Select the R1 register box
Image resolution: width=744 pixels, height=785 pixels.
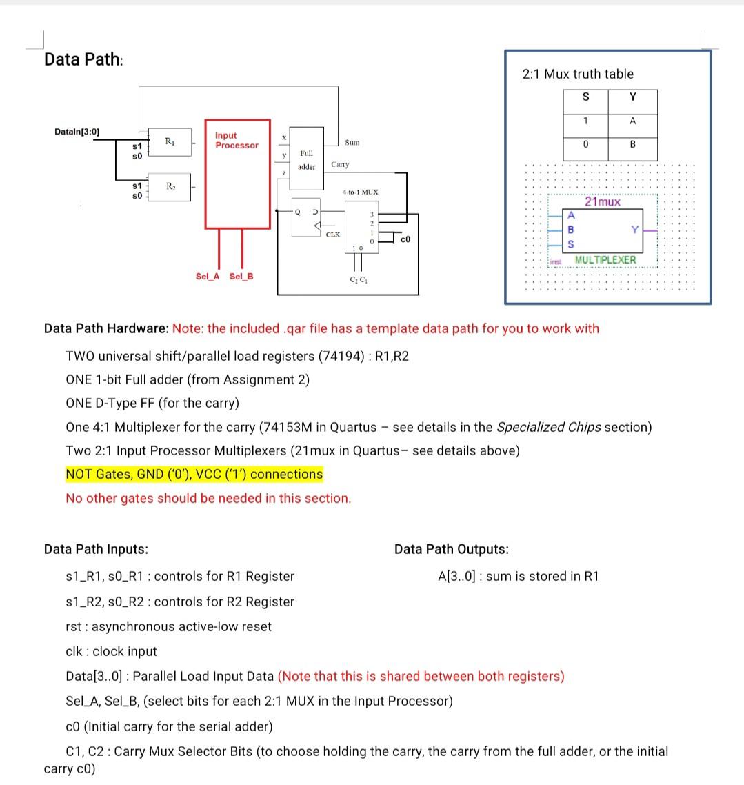(x=168, y=141)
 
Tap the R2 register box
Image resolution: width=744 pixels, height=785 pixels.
(x=168, y=187)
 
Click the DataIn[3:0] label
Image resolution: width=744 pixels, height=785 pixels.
(x=77, y=131)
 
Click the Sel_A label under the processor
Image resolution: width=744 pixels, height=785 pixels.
(x=208, y=277)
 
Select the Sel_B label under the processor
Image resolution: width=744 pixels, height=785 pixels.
(x=241, y=277)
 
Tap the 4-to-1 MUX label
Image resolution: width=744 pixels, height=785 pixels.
(x=360, y=191)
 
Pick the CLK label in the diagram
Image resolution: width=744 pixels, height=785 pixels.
(x=332, y=235)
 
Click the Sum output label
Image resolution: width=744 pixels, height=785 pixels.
(x=352, y=142)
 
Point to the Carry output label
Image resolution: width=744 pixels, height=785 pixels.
(x=340, y=165)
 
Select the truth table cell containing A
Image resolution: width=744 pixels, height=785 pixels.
(x=632, y=121)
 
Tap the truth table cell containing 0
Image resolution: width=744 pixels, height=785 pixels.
(x=585, y=146)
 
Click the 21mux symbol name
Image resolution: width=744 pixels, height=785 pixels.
(x=602, y=202)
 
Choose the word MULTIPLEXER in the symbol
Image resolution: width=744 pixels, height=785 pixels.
(x=605, y=259)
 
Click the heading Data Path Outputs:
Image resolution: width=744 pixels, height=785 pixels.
(x=452, y=549)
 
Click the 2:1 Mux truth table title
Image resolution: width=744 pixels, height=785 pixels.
(x=578, y=74)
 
